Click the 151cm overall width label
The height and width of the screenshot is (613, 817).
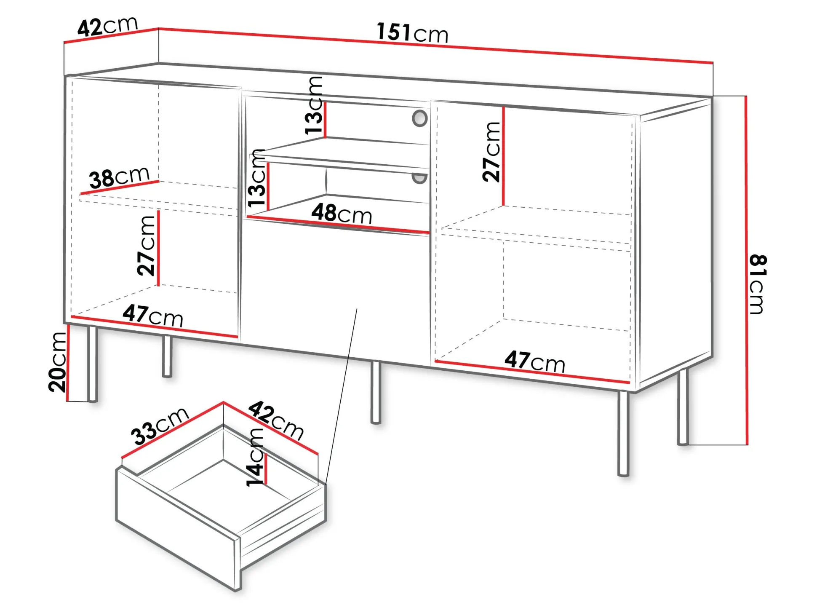[x=412, y=33]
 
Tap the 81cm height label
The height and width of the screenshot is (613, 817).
[x=758, y=284]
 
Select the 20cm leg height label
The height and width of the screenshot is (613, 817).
[x=58, y=362]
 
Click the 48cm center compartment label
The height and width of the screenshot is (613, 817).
[x=342, y=214]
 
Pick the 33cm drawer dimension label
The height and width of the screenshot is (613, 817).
[x=160, y=426]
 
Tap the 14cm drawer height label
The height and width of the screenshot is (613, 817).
[x=255, y=458]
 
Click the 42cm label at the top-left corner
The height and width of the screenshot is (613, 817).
[x=108, y=26]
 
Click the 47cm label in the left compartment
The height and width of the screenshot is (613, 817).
[x=153, y=315]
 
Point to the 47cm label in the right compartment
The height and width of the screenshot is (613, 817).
[x=535, y=361]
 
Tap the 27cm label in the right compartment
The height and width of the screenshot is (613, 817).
[x=491, y=152]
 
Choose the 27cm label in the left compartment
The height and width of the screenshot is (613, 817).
[x=146, y=246]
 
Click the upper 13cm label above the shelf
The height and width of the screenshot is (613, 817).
[x=314, y=105]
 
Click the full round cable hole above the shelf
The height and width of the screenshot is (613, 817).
[x=419, y=118]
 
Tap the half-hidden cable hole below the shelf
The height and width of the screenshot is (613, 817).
[x=419, y=179]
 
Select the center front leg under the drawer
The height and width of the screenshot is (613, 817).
[x=376, y=392]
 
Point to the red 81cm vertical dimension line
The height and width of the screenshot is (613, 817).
[x=746, y=270]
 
